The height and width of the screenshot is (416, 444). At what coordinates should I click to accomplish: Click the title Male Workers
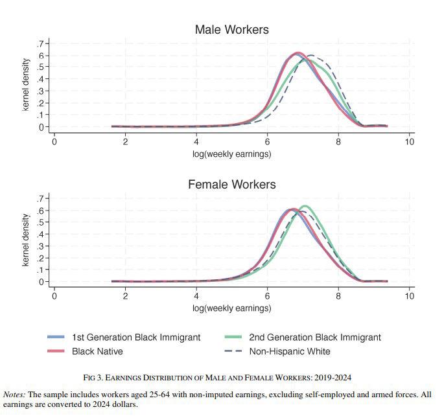pyautogui.click(x=231, y=30)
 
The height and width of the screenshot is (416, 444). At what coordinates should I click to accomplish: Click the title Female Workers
pyautogui.click(x=231, y=185)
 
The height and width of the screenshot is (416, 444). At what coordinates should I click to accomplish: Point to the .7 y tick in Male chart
pyautogui.click(x=41, y=43)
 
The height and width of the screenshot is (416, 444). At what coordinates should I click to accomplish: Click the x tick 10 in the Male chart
pyautogui.click(x=409, y=142)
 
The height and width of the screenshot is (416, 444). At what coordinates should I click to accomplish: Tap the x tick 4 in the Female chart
pyautogui.click(x=196, y=297)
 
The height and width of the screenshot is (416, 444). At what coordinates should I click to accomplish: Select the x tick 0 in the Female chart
pyautogui.click(x=54, y=297)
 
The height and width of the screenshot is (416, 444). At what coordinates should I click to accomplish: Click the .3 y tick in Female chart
pyautogui.click(x=41, y=246)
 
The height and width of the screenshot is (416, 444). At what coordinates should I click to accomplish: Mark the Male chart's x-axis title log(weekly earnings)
pyautogui.click(x=231, y=154)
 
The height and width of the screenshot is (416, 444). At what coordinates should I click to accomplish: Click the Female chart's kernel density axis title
pyautogui.click(x=26, y=240)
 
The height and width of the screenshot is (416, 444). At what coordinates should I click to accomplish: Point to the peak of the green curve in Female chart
pyautogui.click(x=305, y=206)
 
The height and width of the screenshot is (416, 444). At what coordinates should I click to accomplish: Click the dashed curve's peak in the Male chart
pyautogui.click(x=312, y=55)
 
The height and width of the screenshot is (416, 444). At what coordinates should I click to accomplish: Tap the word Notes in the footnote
pyautogui.click(x=14, y=394)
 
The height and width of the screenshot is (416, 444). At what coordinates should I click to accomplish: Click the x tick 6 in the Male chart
pyautogui.click(x=267, y=142)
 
